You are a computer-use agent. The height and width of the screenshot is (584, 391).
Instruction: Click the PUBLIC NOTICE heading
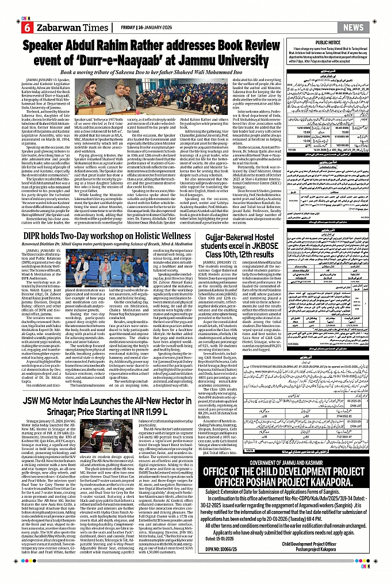pos(343,42)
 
